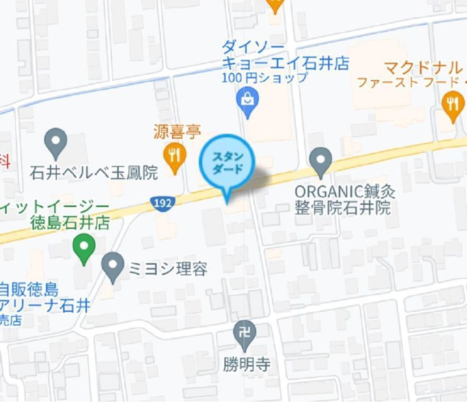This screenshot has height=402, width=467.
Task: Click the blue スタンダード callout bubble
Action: pos(227,163)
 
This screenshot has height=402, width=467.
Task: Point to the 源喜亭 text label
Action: pos(177,132)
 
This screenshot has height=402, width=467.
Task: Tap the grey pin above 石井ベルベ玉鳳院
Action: pos(56,142)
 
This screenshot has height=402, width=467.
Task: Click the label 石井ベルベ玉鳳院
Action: pos(94,173)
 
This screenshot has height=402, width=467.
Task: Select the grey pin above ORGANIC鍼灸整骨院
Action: pos(321,161)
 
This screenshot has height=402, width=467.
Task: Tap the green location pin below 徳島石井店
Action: pos(84,247)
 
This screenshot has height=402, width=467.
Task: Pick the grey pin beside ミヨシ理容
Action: pos(113,266)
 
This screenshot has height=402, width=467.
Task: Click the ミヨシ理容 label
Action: pos(168,269)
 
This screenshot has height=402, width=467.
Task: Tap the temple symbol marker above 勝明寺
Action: pos(245,334)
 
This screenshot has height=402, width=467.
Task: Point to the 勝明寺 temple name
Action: pos(247,365)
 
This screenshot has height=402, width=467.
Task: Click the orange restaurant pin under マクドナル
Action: pos(453,105)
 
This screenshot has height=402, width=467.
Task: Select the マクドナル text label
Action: pos(422,68)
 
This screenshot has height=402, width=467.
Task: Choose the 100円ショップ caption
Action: pos(265,78)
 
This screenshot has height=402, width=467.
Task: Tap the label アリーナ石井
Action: pos(45,306)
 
